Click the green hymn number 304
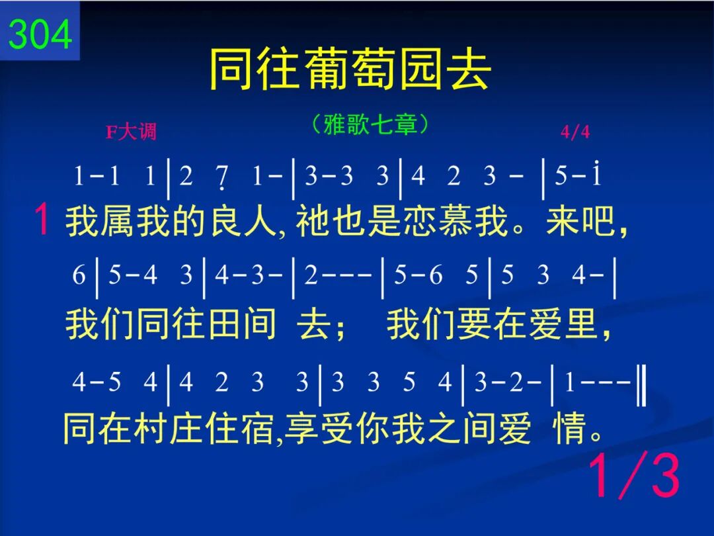[x=40, y=34]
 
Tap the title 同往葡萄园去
[x=350, y=69]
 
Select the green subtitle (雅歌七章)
[x=370, y=124]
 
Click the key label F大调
[x=131, y=132]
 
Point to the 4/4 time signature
[x=575, y=132]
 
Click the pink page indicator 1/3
[x=634, y=476]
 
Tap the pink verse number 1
[x=42, y=219]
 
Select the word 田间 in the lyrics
[x=242, y=324]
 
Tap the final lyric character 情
[x=569, y=427]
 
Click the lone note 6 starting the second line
[x=79, y=275]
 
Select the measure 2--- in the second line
[x=337, y=275]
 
